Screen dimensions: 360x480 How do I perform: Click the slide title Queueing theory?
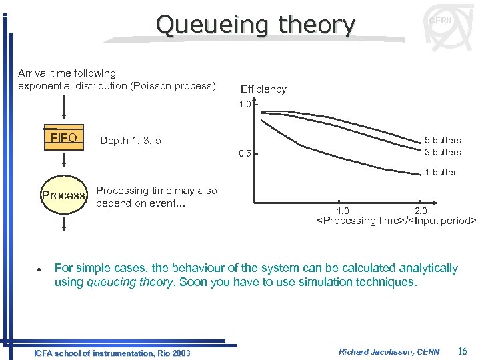pyautogui.click(x=255, y=25)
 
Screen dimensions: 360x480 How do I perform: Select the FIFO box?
pyautogui.click(x=64, y=138)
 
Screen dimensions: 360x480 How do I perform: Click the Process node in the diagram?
pyautogui.click(x=64, y=195)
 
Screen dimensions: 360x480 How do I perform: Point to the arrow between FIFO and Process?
pyautogui.click(x=64, y=161)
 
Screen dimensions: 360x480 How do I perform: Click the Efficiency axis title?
pyautogui.click(x=263, y=89)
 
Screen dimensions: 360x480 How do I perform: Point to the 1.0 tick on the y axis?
pyautogui.click(x=245, y=105)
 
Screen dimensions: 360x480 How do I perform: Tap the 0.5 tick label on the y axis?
pyautogui.click(x=245, y=154)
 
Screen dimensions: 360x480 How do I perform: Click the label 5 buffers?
pyautogui.click(x=443, y=140)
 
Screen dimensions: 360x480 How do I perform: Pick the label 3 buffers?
pyautogui.click(x=443, y=152)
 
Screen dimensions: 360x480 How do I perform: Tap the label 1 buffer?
pyautogui.click(x=441, y=172)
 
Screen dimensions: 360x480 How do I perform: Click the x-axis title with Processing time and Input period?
pyautogui.click(x=396, y=221)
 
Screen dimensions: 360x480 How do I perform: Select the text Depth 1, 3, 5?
pyautogui.click(x=130, y=140)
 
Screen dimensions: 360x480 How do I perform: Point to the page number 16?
pyautogui.click(x=463, y=351)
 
